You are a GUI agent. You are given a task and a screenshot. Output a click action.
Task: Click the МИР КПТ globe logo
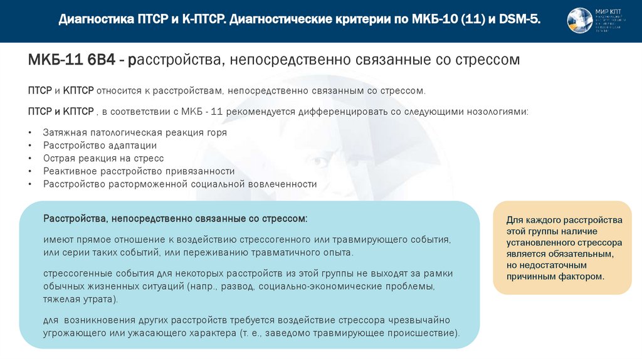[x=579, y=21]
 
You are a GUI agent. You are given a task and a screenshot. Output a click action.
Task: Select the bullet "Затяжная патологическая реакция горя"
[x=135, y=133]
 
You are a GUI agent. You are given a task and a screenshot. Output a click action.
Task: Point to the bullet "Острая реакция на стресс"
[x=103, y=159]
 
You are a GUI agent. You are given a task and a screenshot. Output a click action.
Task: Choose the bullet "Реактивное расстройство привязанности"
[x=139, y=171]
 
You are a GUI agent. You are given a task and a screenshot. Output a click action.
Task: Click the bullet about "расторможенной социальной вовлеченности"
[x=180, y=184]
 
